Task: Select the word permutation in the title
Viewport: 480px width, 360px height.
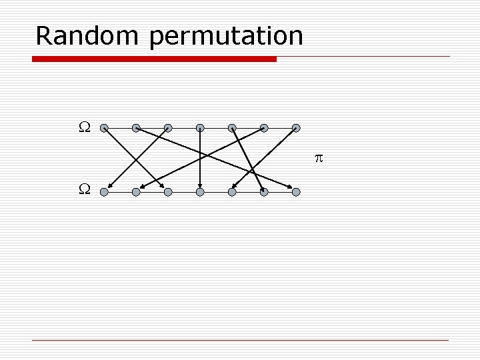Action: point(227,37)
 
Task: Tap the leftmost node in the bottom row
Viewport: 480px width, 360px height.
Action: point(104,192)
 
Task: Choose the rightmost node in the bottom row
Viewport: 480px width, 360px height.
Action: point(296,192)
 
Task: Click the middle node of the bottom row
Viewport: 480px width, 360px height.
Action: point(200,192)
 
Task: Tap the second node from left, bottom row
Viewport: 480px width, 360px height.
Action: point(136,192)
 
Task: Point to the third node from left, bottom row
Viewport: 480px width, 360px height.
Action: point(168,192)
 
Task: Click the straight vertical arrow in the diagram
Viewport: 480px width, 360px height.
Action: point(200,160)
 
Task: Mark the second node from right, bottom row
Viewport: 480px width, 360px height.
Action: point(264,192)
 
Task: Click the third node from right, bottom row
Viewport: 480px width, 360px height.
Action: point(232,192)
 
